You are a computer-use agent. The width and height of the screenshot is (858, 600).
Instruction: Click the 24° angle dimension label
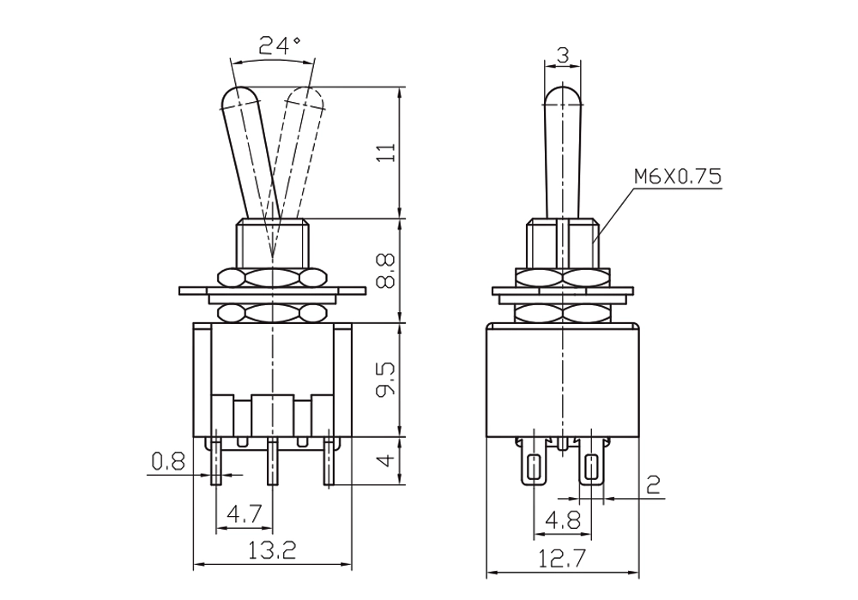click(280, 45)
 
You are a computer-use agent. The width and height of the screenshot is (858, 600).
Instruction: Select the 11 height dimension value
click(386, 153)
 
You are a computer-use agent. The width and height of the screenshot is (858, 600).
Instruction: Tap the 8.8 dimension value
click(386, 271)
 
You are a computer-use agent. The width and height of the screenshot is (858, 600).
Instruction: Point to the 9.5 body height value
click(386, 381)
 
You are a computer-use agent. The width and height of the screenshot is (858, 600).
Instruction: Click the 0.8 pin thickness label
click(168, 462)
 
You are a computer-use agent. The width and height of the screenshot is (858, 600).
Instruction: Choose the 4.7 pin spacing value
click(245, 514)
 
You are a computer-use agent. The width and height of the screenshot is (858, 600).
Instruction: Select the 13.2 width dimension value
click(272, 550)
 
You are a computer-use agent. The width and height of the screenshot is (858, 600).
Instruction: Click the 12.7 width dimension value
click(562, 559)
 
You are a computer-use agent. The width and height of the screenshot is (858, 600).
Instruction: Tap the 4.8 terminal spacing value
click(563, 520)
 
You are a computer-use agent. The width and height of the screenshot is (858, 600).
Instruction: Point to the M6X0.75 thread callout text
click(678, 177)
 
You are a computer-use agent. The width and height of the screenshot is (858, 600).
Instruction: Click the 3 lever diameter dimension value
click(563, 55)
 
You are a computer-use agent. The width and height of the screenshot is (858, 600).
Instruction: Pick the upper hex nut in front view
click(272, 278)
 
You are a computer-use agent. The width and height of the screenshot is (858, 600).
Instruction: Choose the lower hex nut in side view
click(563, 313)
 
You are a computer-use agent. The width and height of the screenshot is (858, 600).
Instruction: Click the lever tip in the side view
click(563, 96)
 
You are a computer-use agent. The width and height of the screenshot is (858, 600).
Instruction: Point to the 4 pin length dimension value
click(386, 459)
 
